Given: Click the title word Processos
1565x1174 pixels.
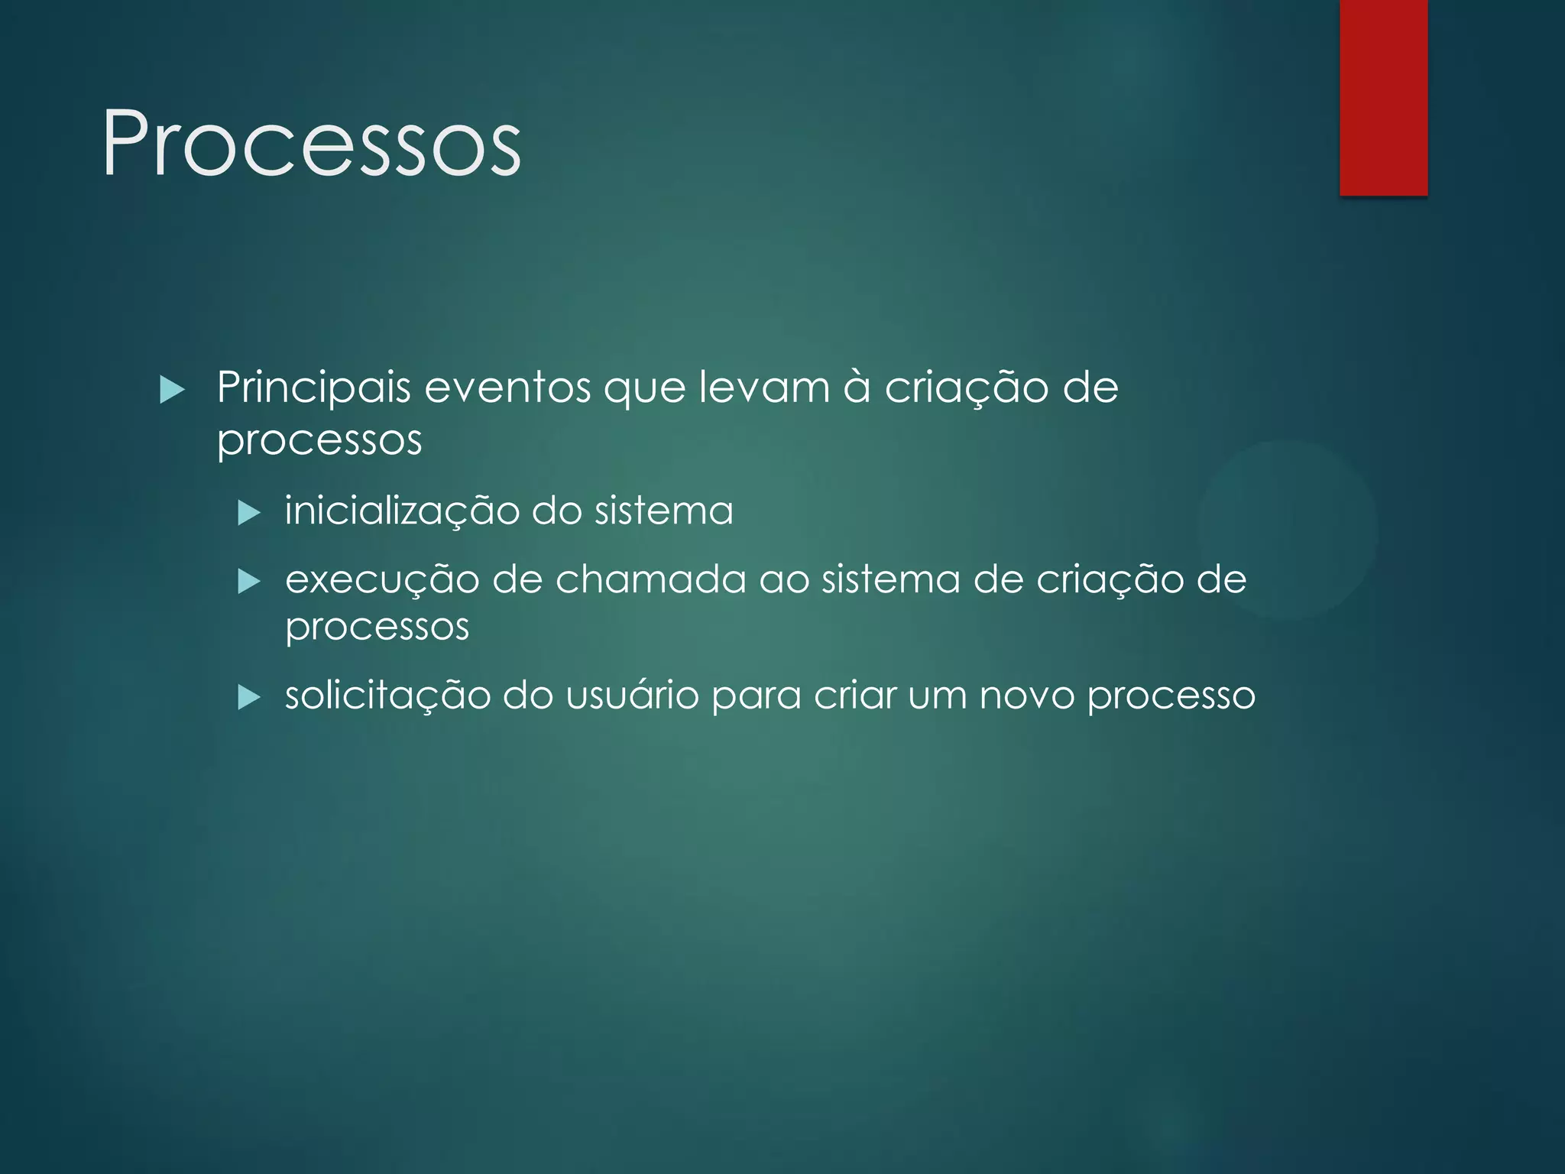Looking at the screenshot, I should (312, 144).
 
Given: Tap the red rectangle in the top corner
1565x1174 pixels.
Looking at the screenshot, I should (1383, 97).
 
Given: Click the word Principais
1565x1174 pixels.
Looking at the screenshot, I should (314, 388).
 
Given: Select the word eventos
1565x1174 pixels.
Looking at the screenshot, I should (507, 388).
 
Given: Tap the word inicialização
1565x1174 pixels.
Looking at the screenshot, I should (402, 511).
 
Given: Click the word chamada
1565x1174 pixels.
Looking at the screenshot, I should (650, 579).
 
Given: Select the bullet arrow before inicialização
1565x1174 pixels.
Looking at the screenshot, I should (249, 513).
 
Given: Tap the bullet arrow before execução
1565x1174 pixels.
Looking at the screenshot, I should (249, 582).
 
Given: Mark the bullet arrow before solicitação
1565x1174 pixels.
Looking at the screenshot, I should (249, 697).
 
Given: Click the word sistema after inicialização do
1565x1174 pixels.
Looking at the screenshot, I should (663, 511).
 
